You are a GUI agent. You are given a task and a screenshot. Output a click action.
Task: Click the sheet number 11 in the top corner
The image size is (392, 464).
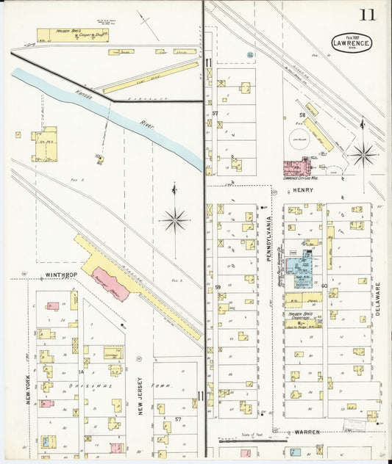[x=367, y=15]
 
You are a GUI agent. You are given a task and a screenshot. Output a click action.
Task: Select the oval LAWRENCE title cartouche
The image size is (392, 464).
[x=351, y=43]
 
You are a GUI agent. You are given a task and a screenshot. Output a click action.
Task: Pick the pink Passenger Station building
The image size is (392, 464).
[x=110, y=283]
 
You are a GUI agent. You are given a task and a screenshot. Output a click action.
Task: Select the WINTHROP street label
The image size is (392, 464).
[x=61, y=276]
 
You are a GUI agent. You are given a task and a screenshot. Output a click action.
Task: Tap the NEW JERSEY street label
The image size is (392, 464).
[x=139, y=397]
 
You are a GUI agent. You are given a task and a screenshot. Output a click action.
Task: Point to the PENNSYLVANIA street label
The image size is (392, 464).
[x=270, y=234]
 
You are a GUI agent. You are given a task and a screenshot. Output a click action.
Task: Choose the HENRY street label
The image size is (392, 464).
[x=302, y=190]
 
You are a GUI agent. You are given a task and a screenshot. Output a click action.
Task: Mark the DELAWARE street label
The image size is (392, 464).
[x=379, y=299]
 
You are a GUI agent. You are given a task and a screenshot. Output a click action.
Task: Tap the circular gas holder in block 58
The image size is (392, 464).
[x=300, y=144]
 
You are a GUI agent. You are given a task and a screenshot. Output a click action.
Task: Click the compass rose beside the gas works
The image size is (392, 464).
[x=362, y=155]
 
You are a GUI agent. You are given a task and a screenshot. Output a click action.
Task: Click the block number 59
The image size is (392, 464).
[x=218, y=286]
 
